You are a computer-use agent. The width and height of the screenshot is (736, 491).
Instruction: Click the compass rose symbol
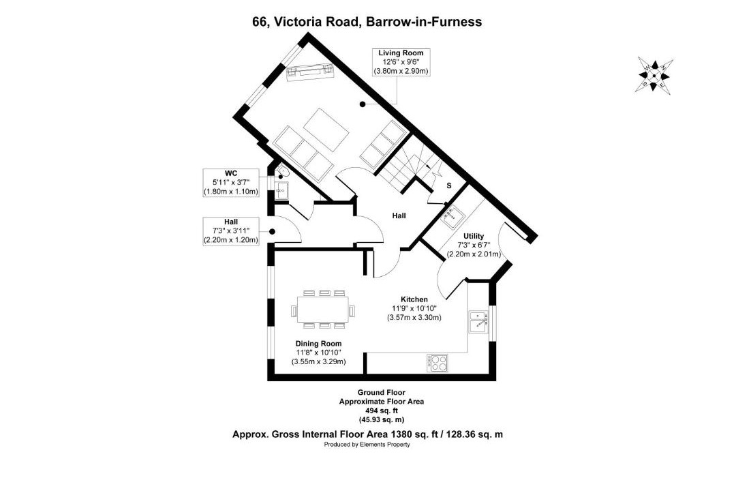pyautogui.click(x=654, y=75)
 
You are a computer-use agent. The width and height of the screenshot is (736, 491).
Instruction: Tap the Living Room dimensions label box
pyautogui.click(x=401, y=62)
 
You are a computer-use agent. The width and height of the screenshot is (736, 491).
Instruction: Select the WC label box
pyautogui.click(x=231, y=182)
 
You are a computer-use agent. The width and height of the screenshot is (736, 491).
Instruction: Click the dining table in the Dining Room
pyautogui.click(x=323, y=309)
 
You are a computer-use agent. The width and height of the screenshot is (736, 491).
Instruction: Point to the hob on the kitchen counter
pyautogui.click(x=437, y=363)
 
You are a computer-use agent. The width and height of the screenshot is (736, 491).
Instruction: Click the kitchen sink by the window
pyautogui.click(x=478, y=323)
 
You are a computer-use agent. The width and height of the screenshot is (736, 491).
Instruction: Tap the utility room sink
pyautogui.click(x=452, y=215)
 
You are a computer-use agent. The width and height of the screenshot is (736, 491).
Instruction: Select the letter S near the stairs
pyautogui.click(x=448, y=185)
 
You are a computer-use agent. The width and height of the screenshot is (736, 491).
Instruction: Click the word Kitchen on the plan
pyautogui.click(x=414, y=299)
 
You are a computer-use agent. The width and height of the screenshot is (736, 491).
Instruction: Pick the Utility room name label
pyautogui.click(x=474, y=236)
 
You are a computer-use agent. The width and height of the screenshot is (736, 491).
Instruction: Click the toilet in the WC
pyautogui.click(x=281, y=173)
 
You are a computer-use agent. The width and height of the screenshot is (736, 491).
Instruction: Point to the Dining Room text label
pyautogui.click(x=318, y=344)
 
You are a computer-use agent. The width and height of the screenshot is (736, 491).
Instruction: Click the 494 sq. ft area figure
pyautogui.click(x=381, y=411)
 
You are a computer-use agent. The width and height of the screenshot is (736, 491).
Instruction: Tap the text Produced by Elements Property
pyautogui.click(x=367, y=445)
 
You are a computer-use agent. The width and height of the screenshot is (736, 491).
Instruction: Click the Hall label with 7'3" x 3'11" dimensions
pyautogui.click(x=231, y=230)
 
